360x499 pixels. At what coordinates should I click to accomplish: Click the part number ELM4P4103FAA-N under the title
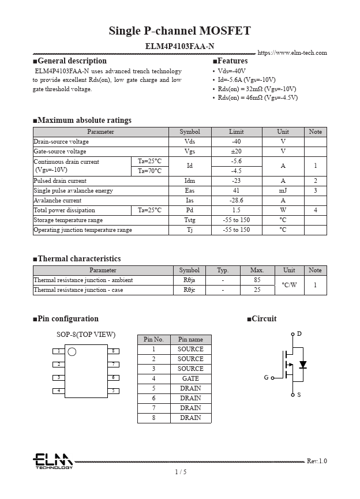[x=179, y=46]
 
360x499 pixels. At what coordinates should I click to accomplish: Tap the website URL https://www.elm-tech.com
[x=292, y=53]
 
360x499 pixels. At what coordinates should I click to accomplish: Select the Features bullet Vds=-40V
[x=231, y=71]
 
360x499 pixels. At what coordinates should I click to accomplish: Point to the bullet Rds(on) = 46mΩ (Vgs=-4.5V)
[x=257, y=98]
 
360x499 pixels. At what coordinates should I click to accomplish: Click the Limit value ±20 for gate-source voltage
[x=236, y=152]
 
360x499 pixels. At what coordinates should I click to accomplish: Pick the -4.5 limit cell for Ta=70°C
[x=236, y=171]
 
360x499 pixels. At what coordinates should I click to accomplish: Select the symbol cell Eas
[x=189, y=191]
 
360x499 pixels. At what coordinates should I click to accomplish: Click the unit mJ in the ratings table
[x=283, y=191]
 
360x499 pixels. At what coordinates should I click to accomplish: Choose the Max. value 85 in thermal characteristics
[x=257, y=280]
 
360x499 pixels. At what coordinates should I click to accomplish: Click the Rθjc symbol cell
[x=189, y=290]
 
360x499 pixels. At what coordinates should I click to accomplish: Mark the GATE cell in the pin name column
[x=190, y=378]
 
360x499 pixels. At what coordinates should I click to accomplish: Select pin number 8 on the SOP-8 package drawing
[x=114, y=351]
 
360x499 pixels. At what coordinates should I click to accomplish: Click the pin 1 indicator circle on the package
[x=72, y=352]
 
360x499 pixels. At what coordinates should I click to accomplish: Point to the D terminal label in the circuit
[x=299, y=334]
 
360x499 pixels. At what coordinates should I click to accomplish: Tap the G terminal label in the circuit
[x=266, y=378]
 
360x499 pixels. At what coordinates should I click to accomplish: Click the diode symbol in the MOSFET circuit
[x=302, y=365]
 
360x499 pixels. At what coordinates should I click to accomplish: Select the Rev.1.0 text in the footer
[x=316, y=461]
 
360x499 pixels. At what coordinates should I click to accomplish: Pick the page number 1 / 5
[x=180, y=472]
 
